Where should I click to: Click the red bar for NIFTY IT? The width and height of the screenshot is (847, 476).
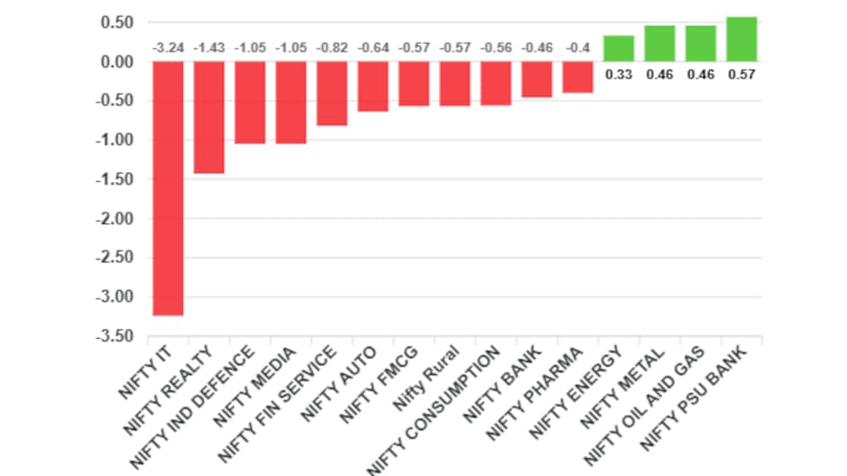pyautogui.click(x=168, y=188)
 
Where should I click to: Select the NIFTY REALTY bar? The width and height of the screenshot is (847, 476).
pyautogui.click(x=209, y=118)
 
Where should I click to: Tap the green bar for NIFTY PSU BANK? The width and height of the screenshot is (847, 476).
pyautogui.click(x=742, y=39)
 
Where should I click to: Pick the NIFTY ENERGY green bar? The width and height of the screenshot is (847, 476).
pyautogui.click(x=619, y=49)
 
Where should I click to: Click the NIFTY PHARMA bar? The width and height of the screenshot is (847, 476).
pyautogui.click(x=578, y=78)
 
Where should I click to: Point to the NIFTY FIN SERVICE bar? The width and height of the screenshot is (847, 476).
pyautogui.click(x=332, y=93)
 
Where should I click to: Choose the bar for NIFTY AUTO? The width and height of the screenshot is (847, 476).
pyautogui.click(x=373, y=86)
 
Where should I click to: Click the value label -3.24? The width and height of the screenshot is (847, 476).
pyautogui.click(x=168, y=48)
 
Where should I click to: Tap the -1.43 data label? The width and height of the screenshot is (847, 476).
pyautogui.click(x=209, y=48)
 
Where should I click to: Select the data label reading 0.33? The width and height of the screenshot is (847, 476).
pyautogui.click(x=619, y=74)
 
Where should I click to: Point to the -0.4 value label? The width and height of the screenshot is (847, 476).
pyautogui.click(x=578, y=48)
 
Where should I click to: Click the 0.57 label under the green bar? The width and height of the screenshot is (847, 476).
pyautogui.click(x=742, y=74)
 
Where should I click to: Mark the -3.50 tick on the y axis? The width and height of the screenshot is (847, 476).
pyautogui.click(x=115, y=336)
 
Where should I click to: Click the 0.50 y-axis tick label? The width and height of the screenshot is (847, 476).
pyautogui.click(x=117, y=23)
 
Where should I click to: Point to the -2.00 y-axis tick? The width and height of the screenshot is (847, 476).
pyautogui.click(x=115, y=219)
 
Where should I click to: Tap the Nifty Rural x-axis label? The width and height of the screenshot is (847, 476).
pyautogui.click(x=426, y=378)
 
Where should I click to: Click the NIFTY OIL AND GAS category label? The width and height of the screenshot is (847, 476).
pyautogui.click(x=645, y=405)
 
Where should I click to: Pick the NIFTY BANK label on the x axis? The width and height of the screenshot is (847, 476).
pyautogui.click(x=503, y=384)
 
